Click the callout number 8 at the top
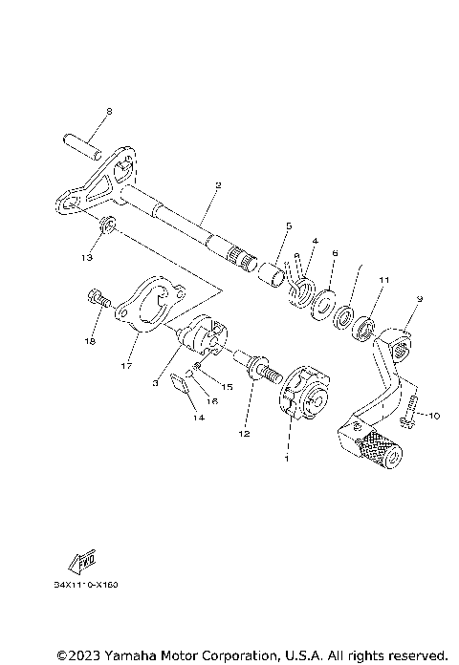(108, 112)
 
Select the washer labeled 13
(109, 226)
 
